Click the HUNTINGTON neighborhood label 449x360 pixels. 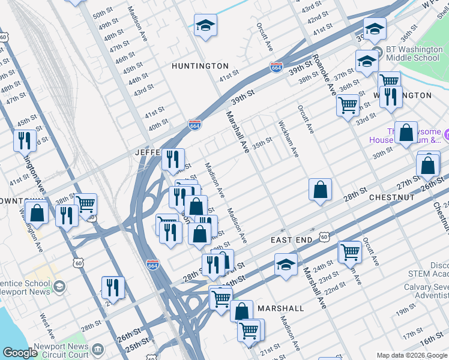click(x=200, y=65)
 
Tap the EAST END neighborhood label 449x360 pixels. click(x=291, y=240)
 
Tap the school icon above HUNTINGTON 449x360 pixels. click(x=205, y=26)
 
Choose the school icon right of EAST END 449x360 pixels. click(x=286, y=264)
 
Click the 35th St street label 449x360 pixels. click(x=262, y=143)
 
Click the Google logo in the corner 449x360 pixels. click(x=20, y=353)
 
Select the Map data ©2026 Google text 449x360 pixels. click(x=411, y=355)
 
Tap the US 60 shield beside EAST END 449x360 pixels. click(x=324, y=238)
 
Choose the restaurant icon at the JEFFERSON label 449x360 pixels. click(x=172, y=159)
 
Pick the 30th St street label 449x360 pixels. click(x=382, y=155)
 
